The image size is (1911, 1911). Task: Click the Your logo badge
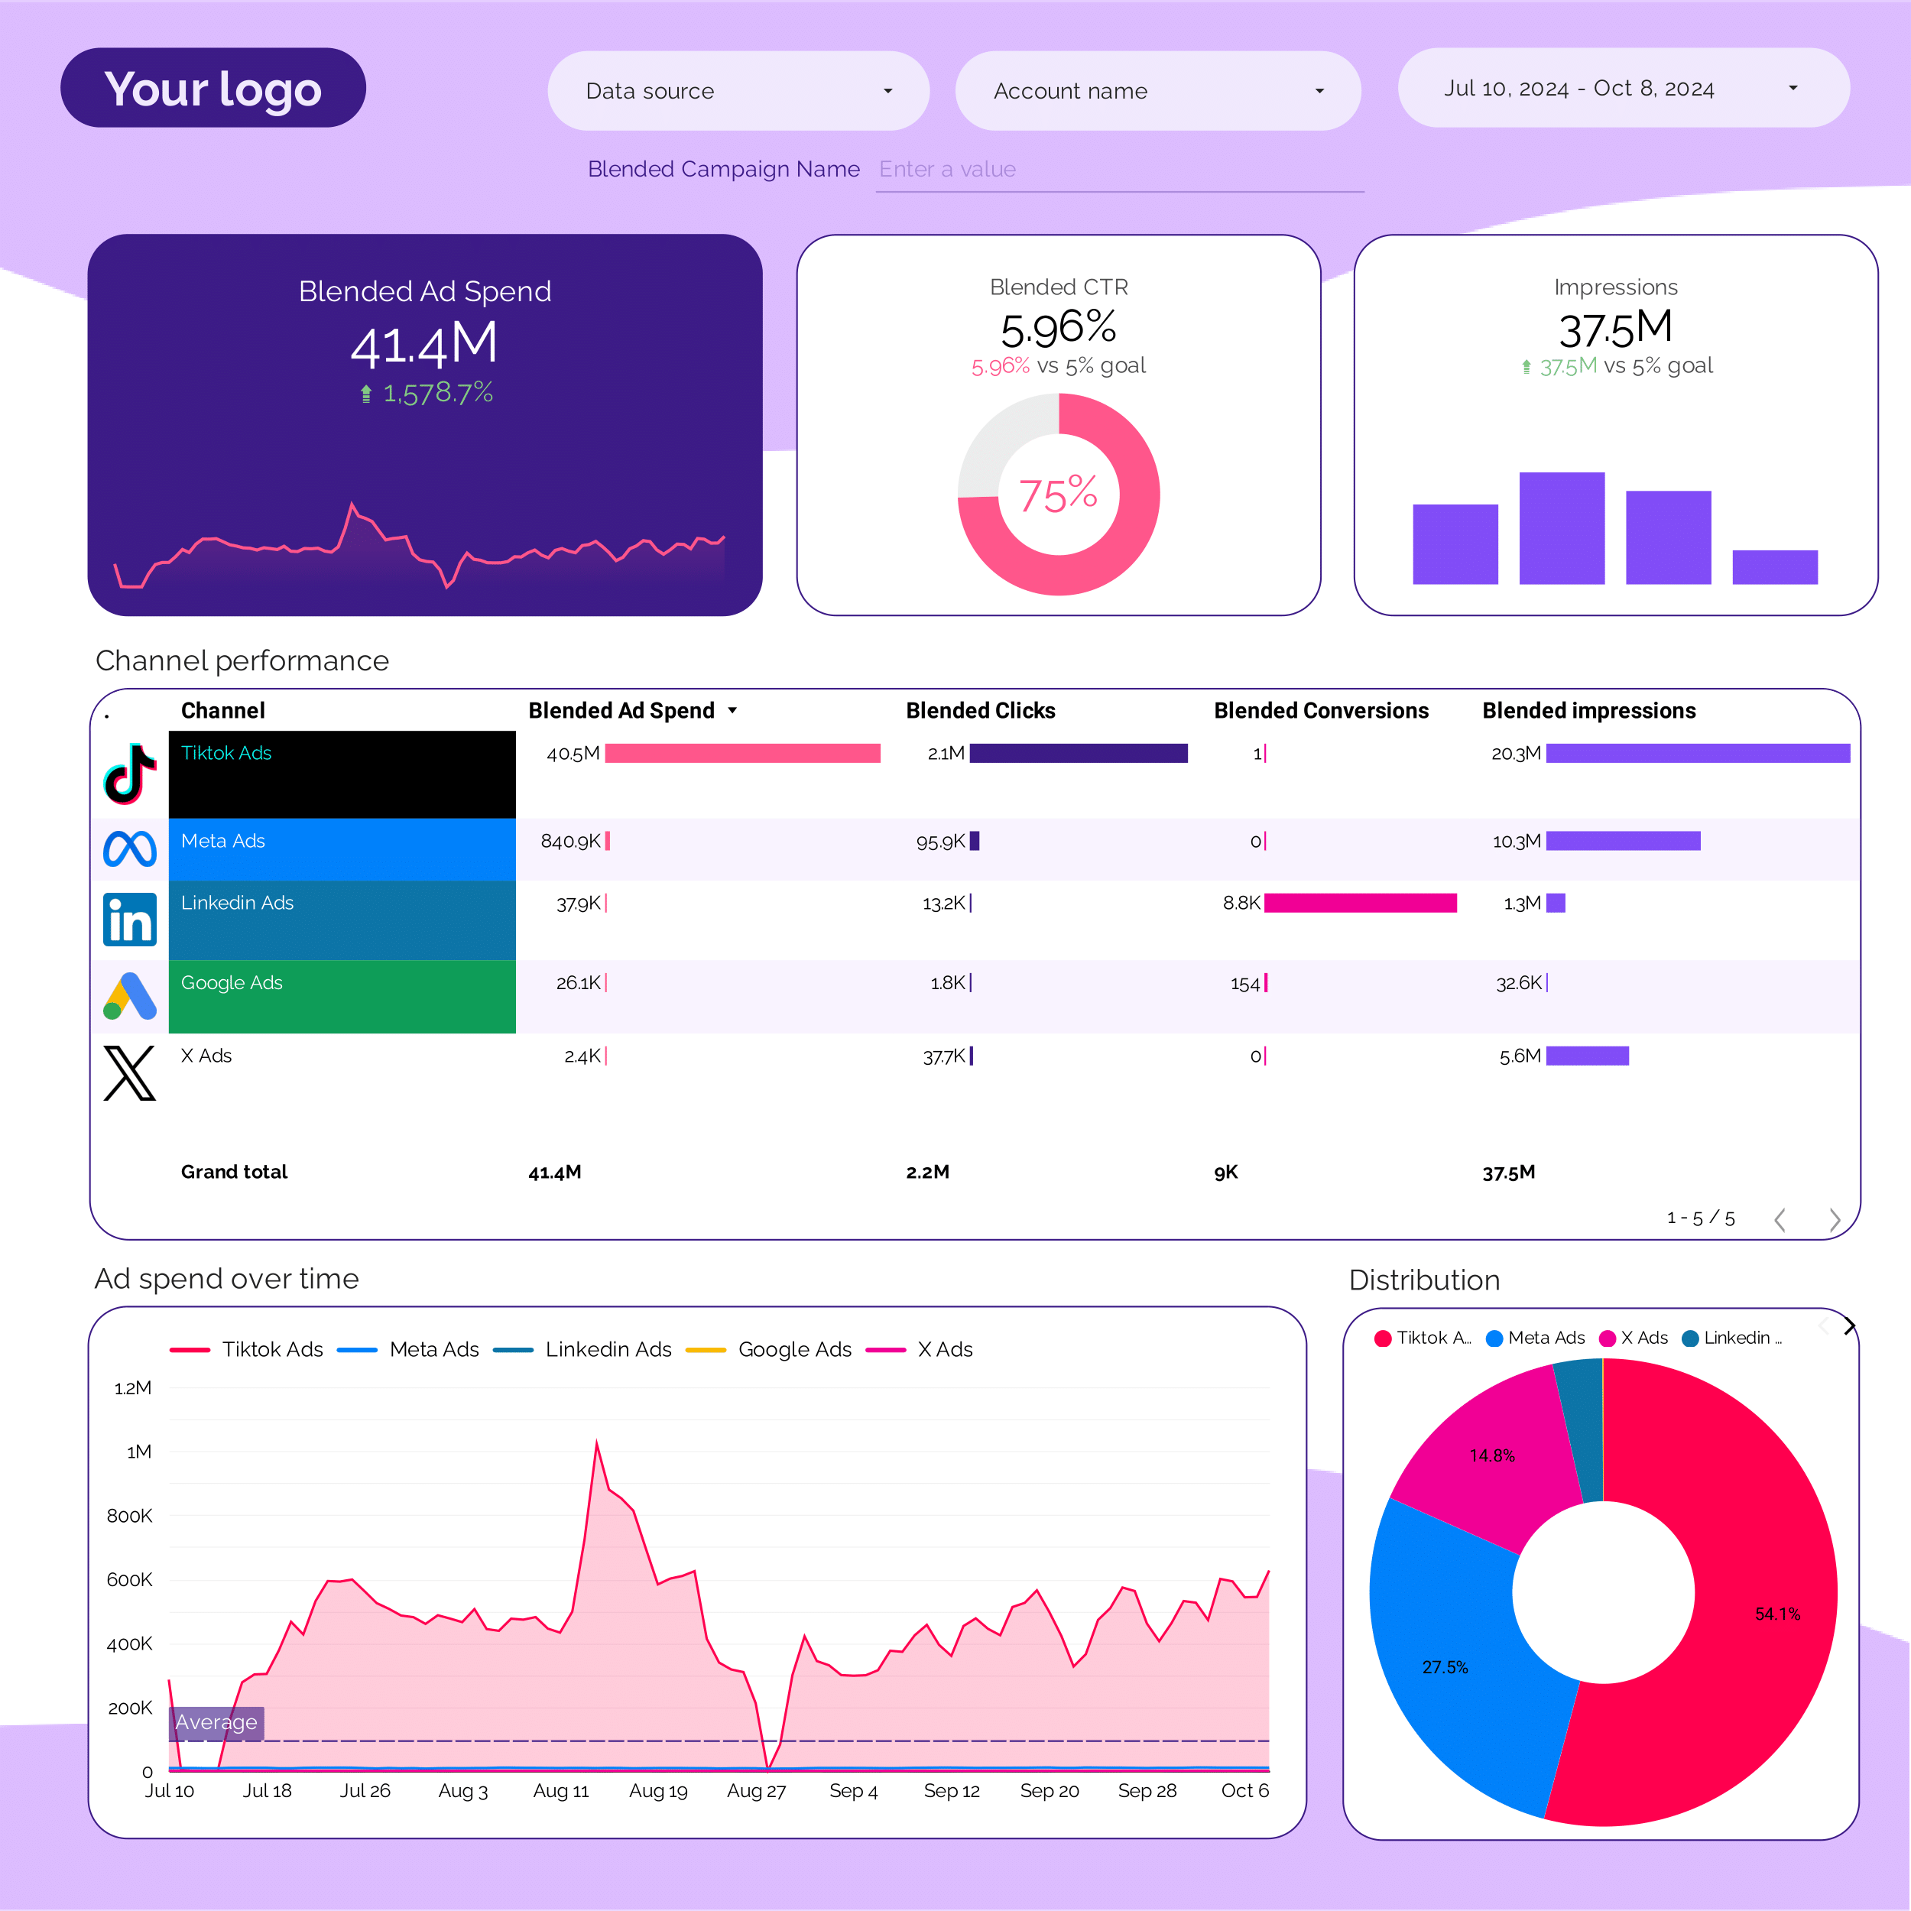[213, 88]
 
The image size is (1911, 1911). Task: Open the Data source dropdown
[738, 91]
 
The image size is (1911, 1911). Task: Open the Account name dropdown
[1157, 91]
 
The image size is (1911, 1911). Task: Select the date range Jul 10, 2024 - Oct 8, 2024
[1622, 88]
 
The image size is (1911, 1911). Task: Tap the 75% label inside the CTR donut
[1059, 495]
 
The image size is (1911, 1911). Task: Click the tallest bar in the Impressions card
[1561, 528]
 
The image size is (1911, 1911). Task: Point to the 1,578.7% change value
[437, 393]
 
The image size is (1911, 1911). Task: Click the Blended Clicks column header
[979, 710]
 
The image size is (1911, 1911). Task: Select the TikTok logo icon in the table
[130, 773]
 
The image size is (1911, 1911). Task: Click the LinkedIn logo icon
[130, 919]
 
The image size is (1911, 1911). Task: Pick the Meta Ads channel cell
[341, 848]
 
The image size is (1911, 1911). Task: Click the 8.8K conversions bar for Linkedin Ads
[1359, 903]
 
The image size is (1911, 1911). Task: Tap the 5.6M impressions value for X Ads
[1520, 1056]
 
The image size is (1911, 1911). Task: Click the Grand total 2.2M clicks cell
[926, 1172]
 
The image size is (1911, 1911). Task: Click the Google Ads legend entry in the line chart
[793, 1349]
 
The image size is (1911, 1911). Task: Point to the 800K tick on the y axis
[130, 1515]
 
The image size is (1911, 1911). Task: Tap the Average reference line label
[216, 1722]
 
